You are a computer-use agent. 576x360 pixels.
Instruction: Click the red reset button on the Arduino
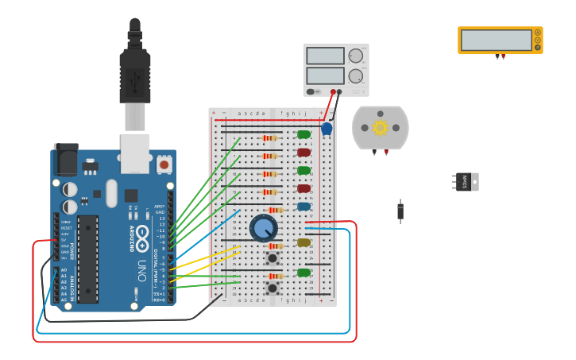point(164,165)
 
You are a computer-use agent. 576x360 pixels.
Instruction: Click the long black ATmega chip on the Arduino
point(87,258)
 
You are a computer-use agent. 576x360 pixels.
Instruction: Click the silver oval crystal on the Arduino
point(111,193)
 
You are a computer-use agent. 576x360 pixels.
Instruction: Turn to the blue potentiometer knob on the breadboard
point(264,228)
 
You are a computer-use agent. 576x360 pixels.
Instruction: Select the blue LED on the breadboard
point(303,207)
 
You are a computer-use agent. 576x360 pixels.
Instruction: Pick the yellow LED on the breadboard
point(303,242)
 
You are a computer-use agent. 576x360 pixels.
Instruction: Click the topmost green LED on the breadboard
point(303,134)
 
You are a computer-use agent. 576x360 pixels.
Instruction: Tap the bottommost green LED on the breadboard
point(303,273)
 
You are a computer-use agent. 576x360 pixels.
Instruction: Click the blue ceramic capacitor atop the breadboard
point(327,129)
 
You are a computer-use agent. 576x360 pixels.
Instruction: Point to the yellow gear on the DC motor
point(380,127)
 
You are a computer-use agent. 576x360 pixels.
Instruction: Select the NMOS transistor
point(465,182)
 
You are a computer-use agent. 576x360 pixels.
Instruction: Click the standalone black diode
point(400,211)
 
